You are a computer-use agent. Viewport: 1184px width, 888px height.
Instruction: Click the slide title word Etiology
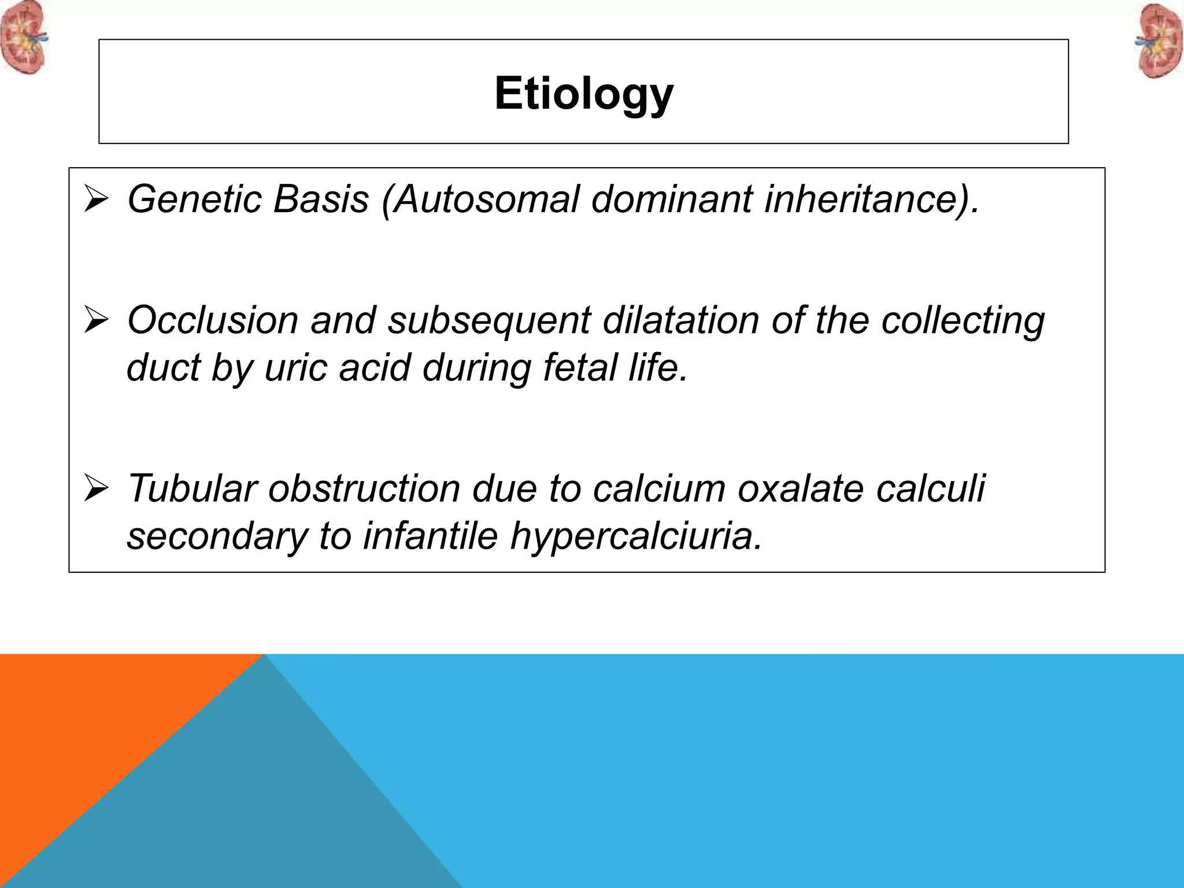pos(584,93)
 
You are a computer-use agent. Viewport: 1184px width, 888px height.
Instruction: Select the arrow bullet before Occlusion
pos(96,320)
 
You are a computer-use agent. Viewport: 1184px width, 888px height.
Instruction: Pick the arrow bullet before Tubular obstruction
pos(96,488)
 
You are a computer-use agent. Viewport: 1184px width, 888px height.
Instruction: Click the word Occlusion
pos(212,320)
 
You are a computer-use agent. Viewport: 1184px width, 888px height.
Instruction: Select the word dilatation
pos(680,320)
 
